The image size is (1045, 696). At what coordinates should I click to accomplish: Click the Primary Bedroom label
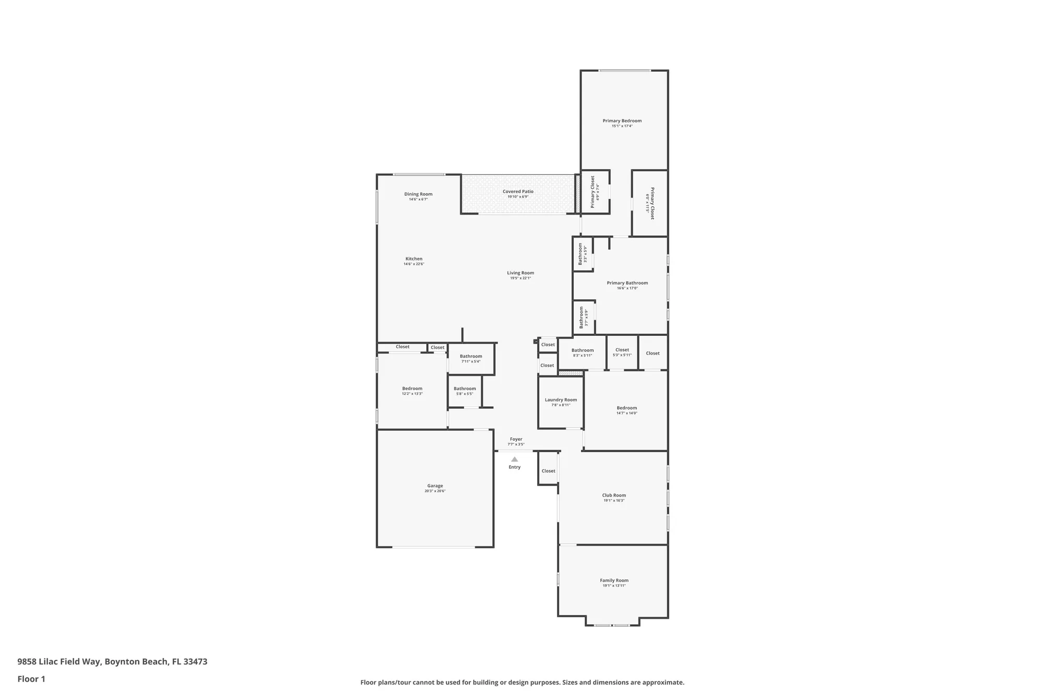pos(622,121)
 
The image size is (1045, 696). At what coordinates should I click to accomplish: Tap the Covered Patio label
pos(518,192)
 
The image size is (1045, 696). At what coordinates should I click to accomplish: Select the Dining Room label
pos(418,194)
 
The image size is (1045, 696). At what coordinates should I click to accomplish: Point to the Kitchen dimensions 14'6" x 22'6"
pos(413,264)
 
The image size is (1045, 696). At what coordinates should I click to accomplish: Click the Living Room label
pos(520,273)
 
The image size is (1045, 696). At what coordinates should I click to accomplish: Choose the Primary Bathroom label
pos(627,283)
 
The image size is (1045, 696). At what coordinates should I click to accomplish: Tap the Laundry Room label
pos(561,400)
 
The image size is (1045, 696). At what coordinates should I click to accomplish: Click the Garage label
pos(435,486)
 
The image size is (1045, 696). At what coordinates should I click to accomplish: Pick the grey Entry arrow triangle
pos(515,459)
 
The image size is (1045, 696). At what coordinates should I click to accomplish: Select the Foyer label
pos(516,439)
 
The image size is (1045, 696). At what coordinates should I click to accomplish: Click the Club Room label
pos(613,495)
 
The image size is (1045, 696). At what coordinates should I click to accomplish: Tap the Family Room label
pos(614,580)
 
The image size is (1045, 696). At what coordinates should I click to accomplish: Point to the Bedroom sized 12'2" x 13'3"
pos(412,388)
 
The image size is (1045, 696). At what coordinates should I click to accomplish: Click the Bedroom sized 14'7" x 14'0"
pos(626,408)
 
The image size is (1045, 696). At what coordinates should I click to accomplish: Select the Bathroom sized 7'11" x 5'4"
pos(471,356)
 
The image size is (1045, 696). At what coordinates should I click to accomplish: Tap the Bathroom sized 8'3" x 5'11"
pos(582,350)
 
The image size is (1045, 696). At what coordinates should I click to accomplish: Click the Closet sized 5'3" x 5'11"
pos(622,350)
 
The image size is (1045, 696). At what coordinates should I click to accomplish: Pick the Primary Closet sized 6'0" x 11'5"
pos(652,203)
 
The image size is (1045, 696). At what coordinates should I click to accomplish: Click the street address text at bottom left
pos(112,662)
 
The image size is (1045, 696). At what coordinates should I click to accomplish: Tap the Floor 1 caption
pos(31,679)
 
